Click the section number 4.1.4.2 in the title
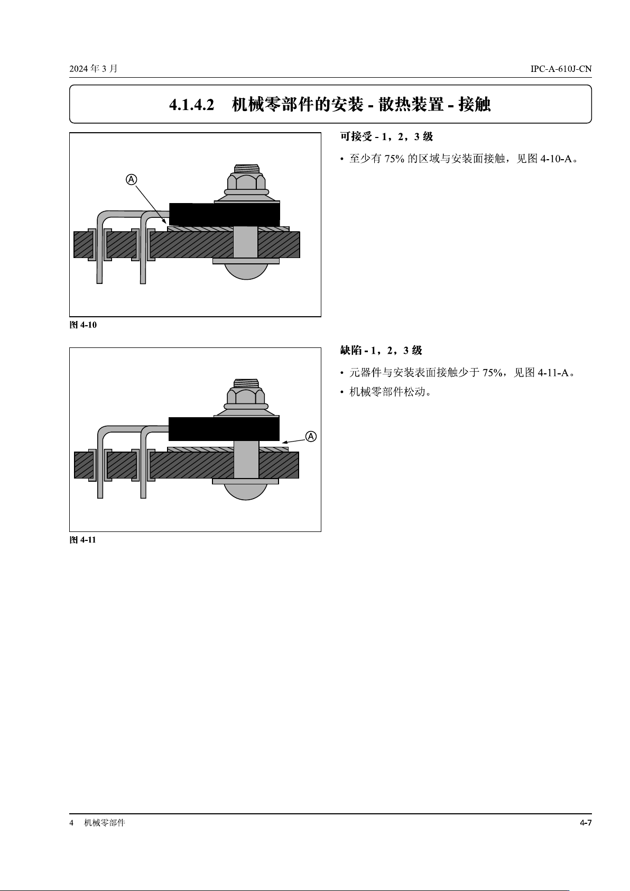click(x=191, y=105)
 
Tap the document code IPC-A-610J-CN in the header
click(x=561, y=69)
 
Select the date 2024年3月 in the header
click(x=94, y=69)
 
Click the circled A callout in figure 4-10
click(x=131, y=180)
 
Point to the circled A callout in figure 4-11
click(x=311, y=436)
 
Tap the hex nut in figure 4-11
click(x=246, y=396)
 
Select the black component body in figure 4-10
click(x=225, y=214)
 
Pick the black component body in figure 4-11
click(x=224, y=429)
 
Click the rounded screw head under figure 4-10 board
click(x=246, y=271)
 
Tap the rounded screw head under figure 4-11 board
click(x=246, y=492)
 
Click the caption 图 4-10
click(x=83, y=325)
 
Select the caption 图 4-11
click(x=82, y=540)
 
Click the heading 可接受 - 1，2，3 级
click(x=386, y=137)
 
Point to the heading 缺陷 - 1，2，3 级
click(x=381, y=351)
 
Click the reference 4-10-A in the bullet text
click(x=555, y=159)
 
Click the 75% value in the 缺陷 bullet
click(x=493, y=373)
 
